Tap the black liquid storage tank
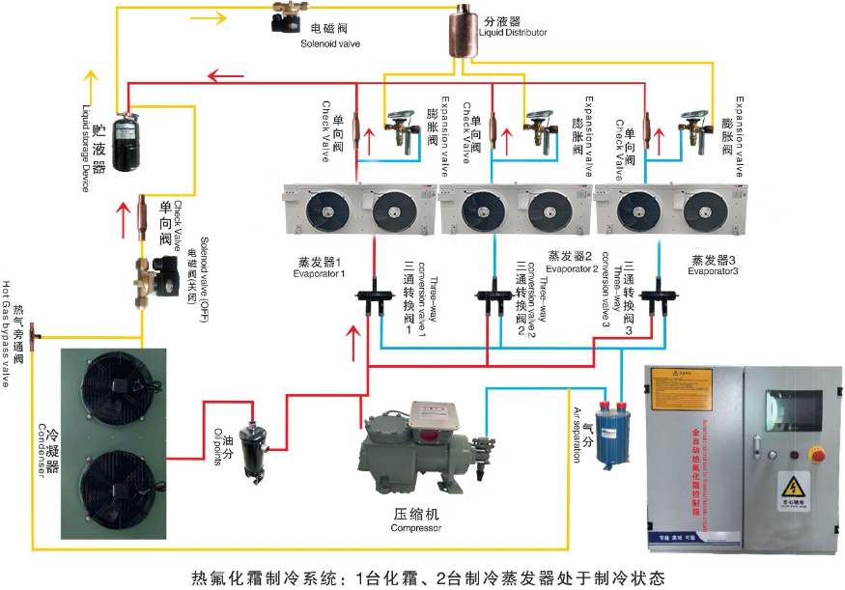pyautogui.click(x=127, y=144)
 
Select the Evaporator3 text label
pyautogui.click(x=715, y=267)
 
